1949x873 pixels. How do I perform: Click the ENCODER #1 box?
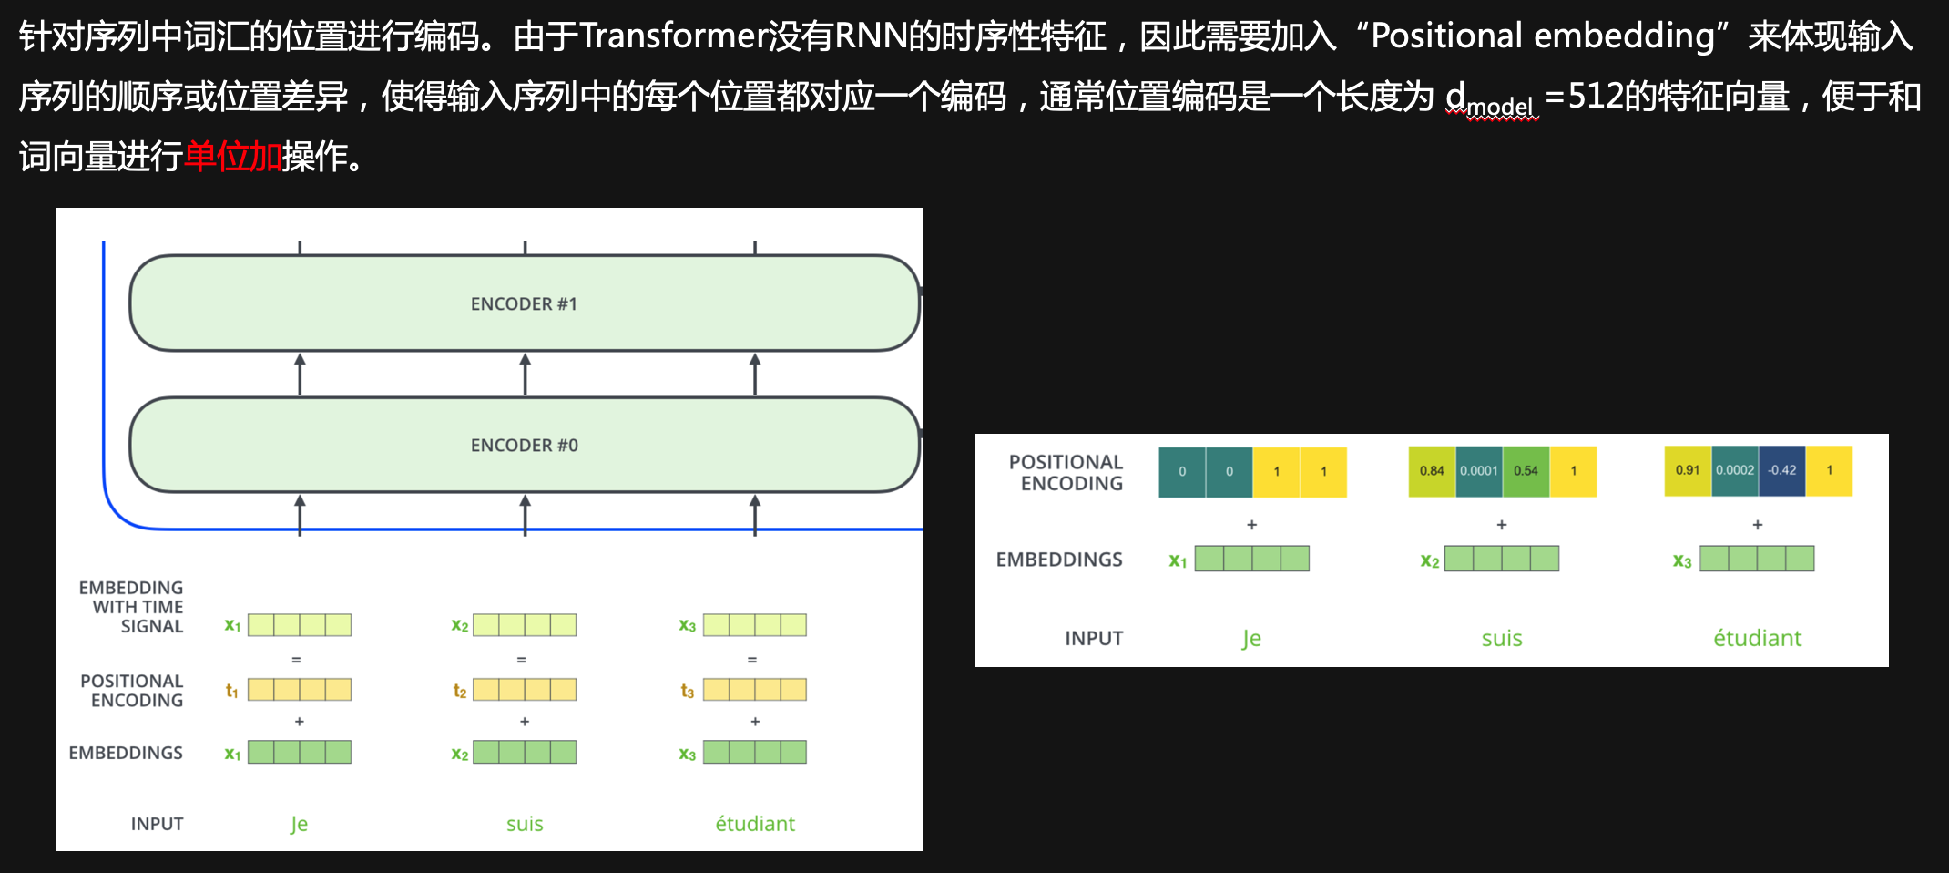pos(524,303)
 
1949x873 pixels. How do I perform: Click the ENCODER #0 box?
pos(524,445)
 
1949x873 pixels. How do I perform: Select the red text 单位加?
pos(233,157)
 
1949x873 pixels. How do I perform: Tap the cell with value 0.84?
pos(1432,471)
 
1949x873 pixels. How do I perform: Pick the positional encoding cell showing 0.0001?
pos(1478,471)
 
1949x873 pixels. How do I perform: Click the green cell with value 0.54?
pos(1526,471)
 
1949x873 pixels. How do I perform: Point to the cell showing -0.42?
pos(1781,471)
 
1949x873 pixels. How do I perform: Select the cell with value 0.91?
pos(1688,471)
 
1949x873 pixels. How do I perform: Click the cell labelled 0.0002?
pos(1734,471)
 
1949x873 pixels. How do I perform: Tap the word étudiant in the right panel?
pos(1757,638)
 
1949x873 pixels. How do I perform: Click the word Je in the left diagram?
pos(299,824)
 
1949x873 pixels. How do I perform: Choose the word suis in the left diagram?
pos(525,824)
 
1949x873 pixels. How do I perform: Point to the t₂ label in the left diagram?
pos(460,691)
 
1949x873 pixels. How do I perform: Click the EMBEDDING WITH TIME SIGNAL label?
pos(132,607)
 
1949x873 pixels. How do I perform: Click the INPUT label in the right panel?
pos(1094,638)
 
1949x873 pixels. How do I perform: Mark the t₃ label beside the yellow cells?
pos(688,691)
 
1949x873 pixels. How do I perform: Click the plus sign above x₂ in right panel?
pos(1502,525)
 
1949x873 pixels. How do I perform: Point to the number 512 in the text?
pos(1596,97)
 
